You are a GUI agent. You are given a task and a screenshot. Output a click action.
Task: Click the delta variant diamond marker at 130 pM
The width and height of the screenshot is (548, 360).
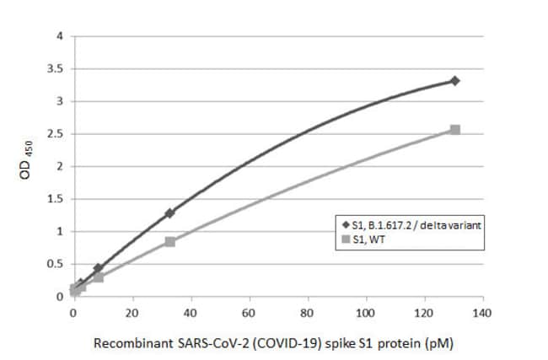click(x=454, y=81)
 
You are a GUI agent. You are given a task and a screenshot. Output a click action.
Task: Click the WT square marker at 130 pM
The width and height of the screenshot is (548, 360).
click(x=454, y=130)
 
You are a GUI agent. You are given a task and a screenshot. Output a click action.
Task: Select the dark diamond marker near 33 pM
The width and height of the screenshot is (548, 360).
click(x=169, y=213)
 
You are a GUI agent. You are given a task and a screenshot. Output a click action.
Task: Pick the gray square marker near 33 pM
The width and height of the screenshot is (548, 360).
click(x=169, y=241)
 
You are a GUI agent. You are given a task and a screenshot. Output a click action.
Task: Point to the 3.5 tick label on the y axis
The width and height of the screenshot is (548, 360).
click(x=56, y=69)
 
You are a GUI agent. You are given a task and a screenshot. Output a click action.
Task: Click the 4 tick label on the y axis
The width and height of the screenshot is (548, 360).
click(x=59, y=36)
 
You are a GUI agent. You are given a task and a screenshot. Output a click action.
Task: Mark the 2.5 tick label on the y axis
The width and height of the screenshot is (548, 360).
click(x=56, y=134)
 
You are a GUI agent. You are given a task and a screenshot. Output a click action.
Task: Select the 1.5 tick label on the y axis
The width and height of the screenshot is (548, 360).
click(x=56, y=199)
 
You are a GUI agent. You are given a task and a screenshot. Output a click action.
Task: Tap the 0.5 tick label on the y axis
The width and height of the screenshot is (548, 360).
click(x=56, y=264)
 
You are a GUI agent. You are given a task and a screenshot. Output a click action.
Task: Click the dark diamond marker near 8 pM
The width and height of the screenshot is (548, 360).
click(x=98, y=268)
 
